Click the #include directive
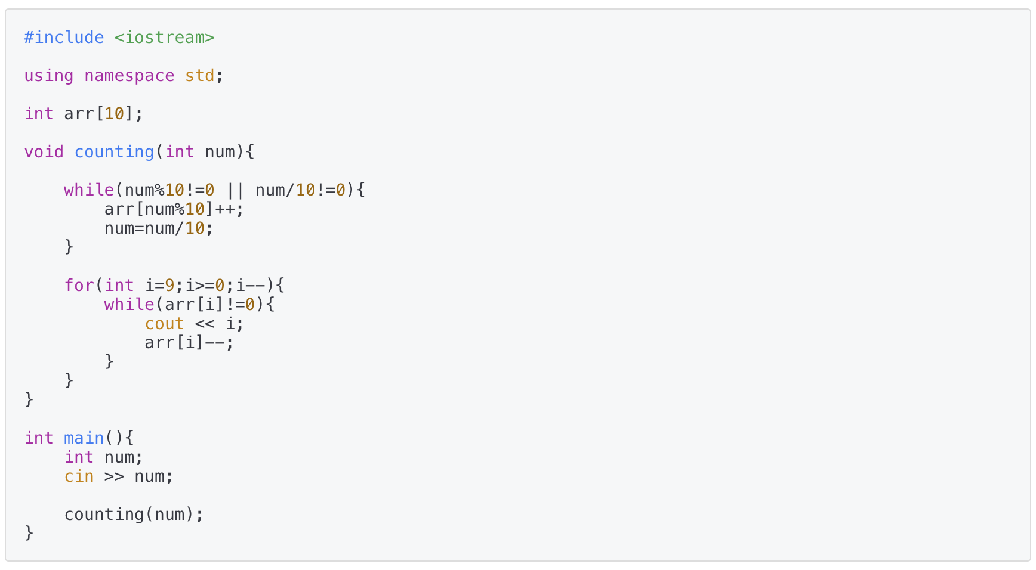tap(64, 38)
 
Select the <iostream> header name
tap(164, 38)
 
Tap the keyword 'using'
tap(49, 76)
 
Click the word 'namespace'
tap(129, 76)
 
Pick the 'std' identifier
tap(199, 76)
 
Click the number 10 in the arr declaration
tap(114, 114)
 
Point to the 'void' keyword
tap(44, 152)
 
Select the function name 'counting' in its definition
tap(114, 152)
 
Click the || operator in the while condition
tap(235, 190)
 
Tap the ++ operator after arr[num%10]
tap(225, 209)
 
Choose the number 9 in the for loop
tap(169, 286)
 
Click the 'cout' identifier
tap(164, 324)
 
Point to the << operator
tap(205, 324)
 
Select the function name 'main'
tap(84, 438)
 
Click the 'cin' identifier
tap(79, 476)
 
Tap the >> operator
tap(114, 476)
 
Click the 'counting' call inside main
tap(104, 515)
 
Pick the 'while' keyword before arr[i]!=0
tap(129, 305)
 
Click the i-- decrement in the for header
tap(250, 286)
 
